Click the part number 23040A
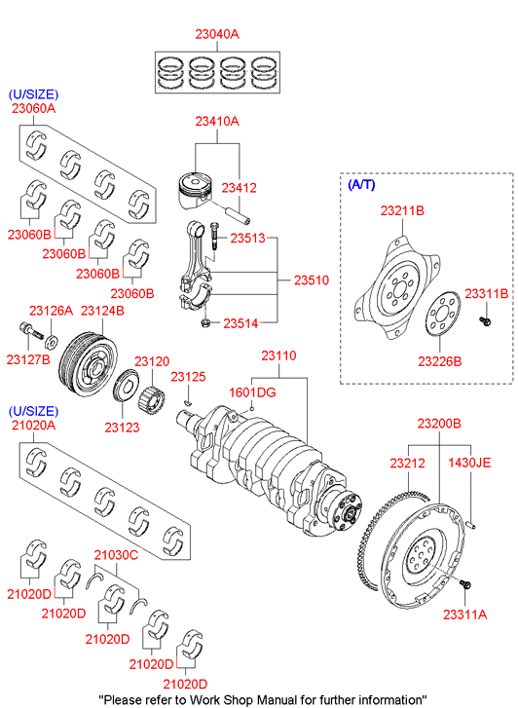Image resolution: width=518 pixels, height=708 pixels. point(217,34)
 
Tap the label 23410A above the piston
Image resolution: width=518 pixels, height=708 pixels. point(217,122)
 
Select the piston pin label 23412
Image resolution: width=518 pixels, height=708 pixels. point(239,188)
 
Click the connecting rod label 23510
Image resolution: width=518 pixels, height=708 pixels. point(312,280)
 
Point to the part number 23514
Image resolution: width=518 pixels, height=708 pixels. point(240,323)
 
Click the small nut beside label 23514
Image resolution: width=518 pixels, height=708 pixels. point(205,323)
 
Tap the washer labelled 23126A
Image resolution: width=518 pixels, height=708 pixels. point(51,342)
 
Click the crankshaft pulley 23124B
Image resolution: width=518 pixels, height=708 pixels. point(88,364)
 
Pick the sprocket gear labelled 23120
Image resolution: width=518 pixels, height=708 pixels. point(151,397)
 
